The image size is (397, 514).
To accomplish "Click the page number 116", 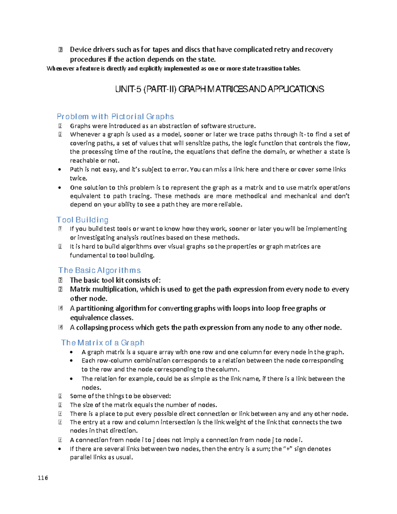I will pyautogui.click(x=43, y=478).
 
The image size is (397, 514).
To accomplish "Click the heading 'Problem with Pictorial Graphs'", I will pyautogui.click(x=115, y=117).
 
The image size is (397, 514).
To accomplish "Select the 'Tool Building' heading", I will pyautogui.click(x=82, y=220).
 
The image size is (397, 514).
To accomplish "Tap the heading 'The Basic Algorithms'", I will pyautogui.click(x=100, y=270).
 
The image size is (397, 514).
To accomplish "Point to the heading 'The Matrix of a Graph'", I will pyautogui.click(x=103, y=343).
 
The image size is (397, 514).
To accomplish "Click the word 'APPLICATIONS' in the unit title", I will pyautogui.click(x=295, y=89).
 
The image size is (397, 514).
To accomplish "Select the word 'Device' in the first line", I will pyautogui.click(x=80, y=50).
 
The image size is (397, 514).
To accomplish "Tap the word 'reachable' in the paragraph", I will pyautogui.click(x=84, y=161).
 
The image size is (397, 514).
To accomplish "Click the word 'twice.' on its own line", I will pyautogui.click(x=78, y=178).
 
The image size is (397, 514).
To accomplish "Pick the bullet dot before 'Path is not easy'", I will pyautogui.click(x=60, y=169).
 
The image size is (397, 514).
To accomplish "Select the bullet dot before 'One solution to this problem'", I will pyautogui.click(x=60, y=188).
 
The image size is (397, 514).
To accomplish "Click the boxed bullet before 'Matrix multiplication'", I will pyautogui.click(x=60, y=289).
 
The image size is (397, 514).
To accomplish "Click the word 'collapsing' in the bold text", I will pyautogui.click(x=92, y=327).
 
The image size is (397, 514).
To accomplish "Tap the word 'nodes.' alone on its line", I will pyautogui.click(x=91, y=387).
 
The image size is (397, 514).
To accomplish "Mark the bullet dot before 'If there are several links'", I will pyautogui.click(x=60, y=449).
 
